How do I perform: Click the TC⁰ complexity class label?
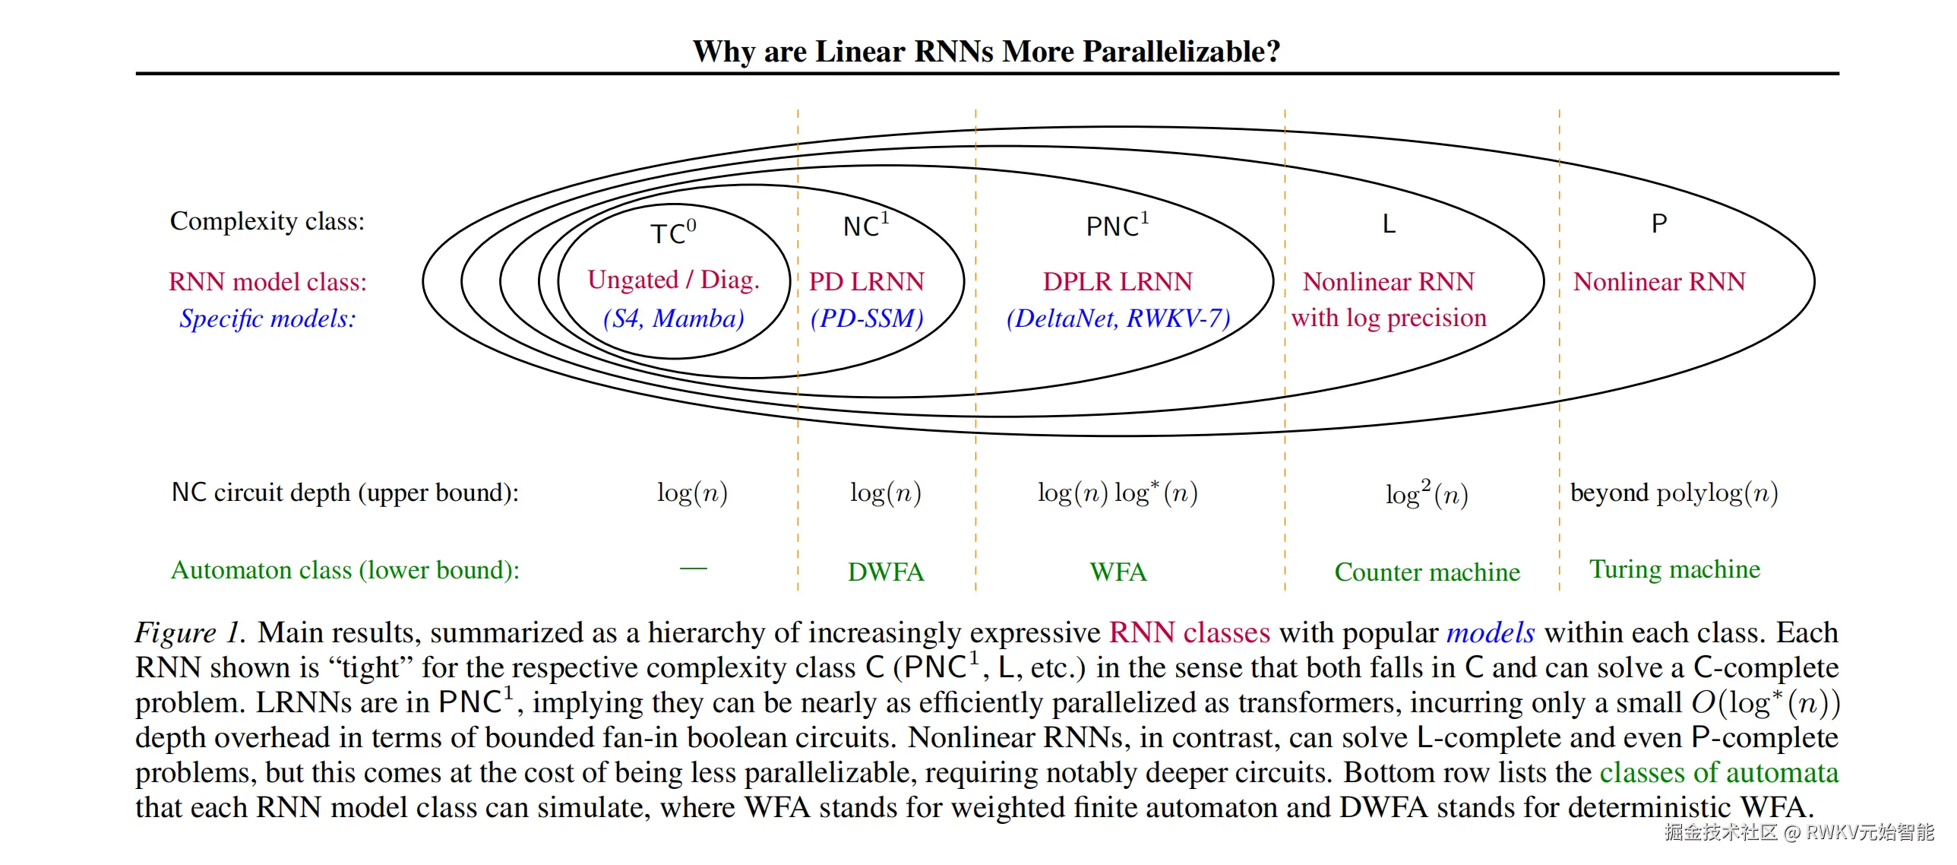pos(673,233)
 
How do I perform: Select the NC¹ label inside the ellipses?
pos(865,226)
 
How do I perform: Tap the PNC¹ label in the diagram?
pos(1117,226)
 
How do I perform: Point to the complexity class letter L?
pos(1389,224)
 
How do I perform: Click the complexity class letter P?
pos(1659,224)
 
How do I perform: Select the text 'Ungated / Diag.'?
pos(673,280)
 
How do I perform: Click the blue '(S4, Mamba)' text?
pos(673,318)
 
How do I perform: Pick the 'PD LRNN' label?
pos(866,282)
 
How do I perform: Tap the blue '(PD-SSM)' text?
pos(866,318)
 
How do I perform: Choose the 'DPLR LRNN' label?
pos(1118,282)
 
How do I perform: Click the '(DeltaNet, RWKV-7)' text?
pos(1118,318)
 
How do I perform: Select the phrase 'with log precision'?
pos(1389,318)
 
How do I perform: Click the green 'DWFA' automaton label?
pos(886,572)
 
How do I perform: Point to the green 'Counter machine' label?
pos(1427,572)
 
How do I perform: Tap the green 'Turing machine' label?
pos(1674,569)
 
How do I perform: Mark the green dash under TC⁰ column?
pos(693,569)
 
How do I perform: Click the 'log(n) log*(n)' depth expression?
pos(1118,493)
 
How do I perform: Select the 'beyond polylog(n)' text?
pos(1674,493)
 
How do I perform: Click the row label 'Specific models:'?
pos(267,318)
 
